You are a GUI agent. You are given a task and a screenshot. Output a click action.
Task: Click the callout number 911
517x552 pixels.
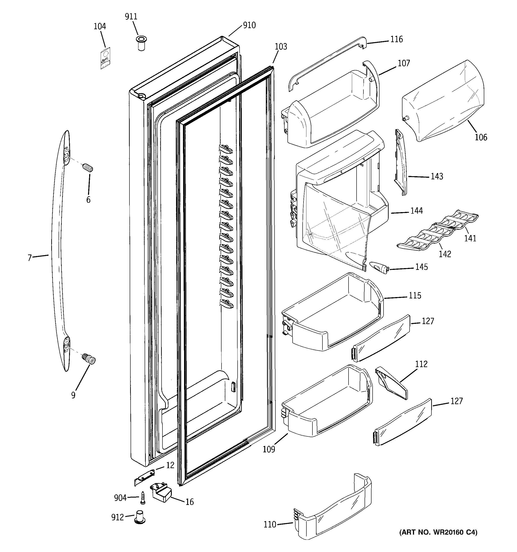coord(131,17)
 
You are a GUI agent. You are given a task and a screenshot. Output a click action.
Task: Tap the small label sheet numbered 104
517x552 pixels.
coord(105,58)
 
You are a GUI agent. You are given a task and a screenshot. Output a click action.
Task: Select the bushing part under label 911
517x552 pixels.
coord(142,43)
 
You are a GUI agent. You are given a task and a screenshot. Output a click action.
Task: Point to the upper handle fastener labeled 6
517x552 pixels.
coord(88,168)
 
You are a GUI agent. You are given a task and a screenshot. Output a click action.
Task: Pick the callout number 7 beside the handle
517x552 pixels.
coord(30,258)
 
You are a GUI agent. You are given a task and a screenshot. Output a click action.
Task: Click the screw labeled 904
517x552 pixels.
coord(143,498)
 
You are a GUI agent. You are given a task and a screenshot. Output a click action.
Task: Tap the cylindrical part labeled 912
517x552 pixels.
coord(140,517)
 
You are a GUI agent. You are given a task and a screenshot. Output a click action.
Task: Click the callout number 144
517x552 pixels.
coord(416,211)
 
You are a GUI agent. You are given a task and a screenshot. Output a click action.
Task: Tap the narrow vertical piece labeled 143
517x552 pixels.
coord(400,162)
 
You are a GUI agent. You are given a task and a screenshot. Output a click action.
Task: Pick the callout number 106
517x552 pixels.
coord(481,137)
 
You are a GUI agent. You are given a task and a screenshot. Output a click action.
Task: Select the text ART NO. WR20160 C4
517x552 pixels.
coord(438,532)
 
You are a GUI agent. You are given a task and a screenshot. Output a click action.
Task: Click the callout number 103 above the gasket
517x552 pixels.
coord(281,47)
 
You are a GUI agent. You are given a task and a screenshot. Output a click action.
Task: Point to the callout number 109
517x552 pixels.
coord(269,449)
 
